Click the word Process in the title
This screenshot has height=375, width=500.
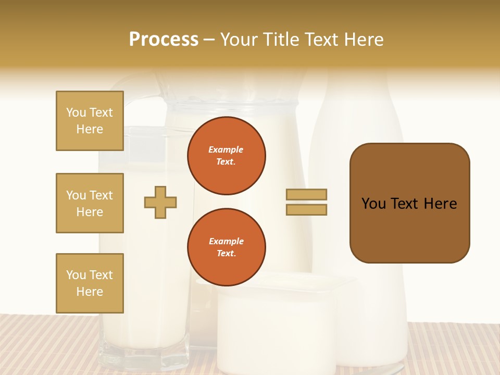164,40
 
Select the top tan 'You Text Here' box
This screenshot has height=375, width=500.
90,121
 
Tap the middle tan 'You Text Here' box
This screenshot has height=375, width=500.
90,203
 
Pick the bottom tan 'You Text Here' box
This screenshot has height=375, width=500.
90,283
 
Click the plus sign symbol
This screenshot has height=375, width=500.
160,202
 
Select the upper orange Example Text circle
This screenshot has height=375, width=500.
227,156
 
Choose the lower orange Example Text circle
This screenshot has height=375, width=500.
227,247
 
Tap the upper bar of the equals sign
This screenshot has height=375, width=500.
306,194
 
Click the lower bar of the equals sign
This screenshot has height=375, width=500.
306,209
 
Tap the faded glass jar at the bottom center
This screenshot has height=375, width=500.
276,328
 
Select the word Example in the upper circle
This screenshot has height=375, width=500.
226,149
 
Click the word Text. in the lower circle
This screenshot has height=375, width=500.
226,253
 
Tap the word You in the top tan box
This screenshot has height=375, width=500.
76,113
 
